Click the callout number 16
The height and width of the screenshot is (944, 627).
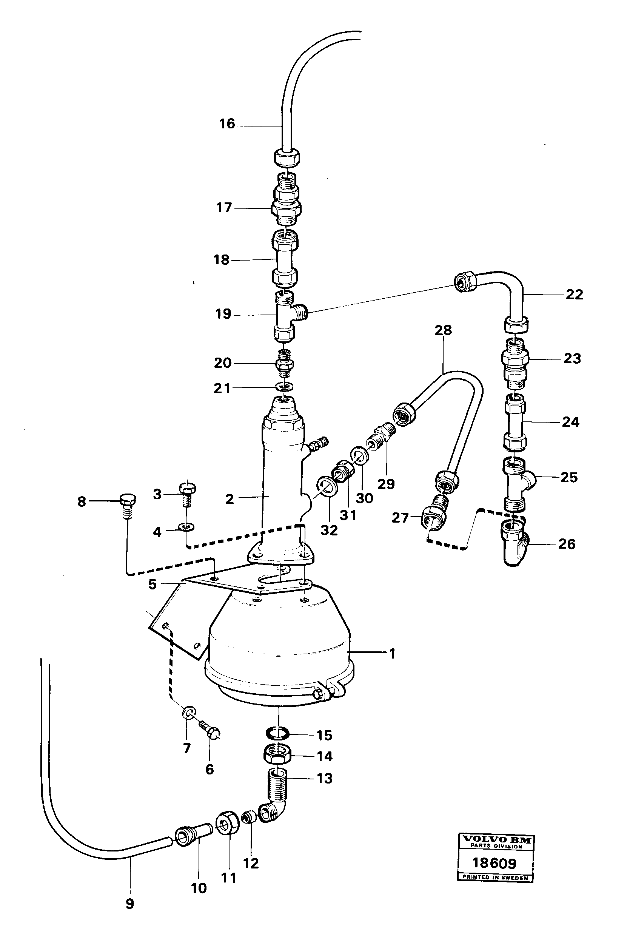pos(227,123)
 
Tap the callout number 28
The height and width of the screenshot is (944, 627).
pos(443,330)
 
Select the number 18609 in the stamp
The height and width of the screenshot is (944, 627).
pos(495,863)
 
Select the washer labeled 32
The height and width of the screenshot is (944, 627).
pos(325,487)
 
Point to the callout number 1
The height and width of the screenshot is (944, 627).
pos(392,654)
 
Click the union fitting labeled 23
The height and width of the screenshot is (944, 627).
pos(515,362)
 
